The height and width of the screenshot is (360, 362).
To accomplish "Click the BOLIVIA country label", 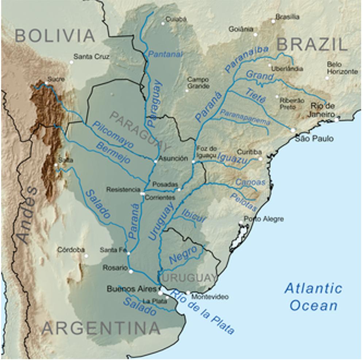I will (x=55, y=36).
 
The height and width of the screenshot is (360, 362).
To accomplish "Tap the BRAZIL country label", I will (x=311, y=44).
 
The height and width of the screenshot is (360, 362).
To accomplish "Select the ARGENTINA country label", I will (x=101, y=328).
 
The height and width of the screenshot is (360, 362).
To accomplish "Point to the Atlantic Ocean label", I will (x=313, y=297).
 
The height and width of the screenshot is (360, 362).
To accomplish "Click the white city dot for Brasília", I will (x=273, y=21).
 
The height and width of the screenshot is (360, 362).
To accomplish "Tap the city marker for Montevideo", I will (x=188, y=293).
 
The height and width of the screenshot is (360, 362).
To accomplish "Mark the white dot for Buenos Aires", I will (x=160, y=293).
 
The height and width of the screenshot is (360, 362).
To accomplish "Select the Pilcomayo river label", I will (x=113, y=135).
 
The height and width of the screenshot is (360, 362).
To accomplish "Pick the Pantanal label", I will (x=165, y=54).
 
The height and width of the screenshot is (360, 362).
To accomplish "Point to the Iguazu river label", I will (x=232, y=158).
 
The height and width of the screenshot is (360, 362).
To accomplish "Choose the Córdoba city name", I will (x=71, y=250).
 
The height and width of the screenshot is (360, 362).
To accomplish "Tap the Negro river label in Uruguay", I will (x=183, y=254).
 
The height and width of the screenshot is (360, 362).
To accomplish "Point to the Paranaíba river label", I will (x=246, y=59).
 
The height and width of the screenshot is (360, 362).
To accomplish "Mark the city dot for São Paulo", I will (x=293, y=130).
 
